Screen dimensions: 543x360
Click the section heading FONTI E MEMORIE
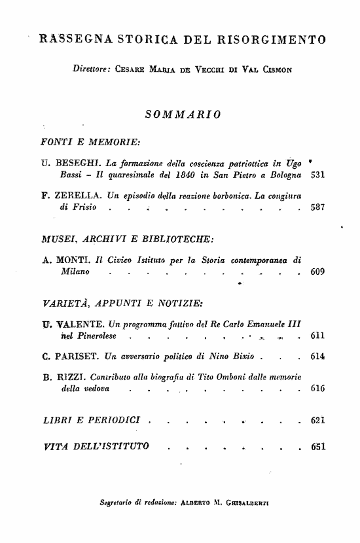[x=91, y=141]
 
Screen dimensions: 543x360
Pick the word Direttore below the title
[x=92, y=68]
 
